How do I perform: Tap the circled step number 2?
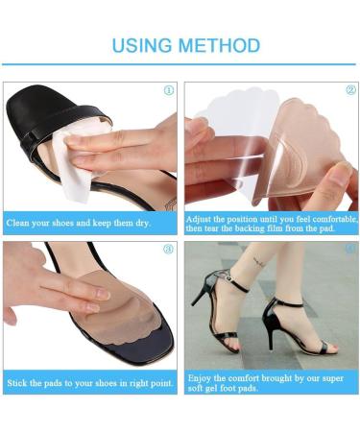click(348, 90)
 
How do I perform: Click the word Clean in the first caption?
click(21, 224)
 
